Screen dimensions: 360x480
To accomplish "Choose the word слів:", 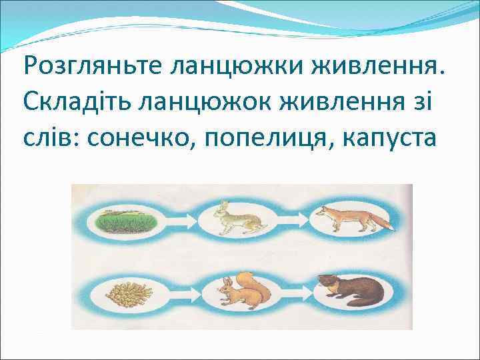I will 52,138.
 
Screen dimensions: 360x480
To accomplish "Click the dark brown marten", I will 347,291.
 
